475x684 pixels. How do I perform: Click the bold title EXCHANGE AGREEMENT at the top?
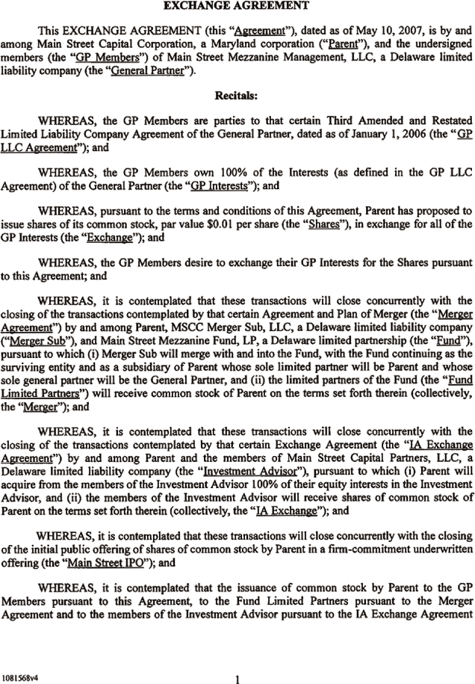237,6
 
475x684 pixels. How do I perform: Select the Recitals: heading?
237,96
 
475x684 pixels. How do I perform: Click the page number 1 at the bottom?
237,659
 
